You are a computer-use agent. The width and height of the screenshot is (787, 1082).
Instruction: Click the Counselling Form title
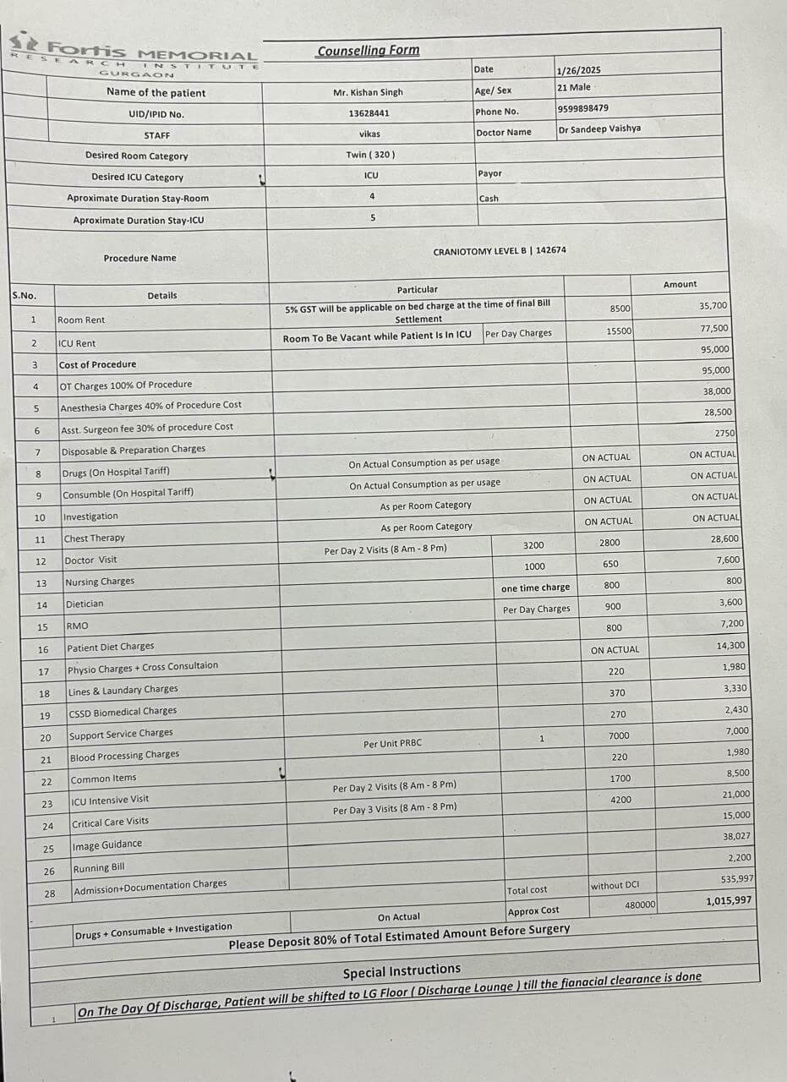[x=368, y=51]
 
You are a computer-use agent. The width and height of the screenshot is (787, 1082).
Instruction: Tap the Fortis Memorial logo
[x=135, y=57]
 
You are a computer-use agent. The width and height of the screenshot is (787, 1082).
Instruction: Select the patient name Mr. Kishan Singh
[x=368, y=92]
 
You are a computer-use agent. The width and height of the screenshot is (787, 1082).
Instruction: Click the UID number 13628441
[x=369, y=113]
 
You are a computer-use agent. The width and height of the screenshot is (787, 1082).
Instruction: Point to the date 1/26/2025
[x=579, y=70]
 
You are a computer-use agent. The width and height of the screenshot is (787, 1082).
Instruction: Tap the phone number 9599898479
[x=582, y=108]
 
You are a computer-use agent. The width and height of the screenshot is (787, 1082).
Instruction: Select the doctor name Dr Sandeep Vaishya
[x=599, y=129]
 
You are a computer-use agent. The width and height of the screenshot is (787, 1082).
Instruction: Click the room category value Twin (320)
[x=370, y=155]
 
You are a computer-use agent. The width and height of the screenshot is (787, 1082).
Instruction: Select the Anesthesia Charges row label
[x=150, y=406]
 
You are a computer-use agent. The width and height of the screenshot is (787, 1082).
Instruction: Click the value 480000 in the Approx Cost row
[x=640, y=905]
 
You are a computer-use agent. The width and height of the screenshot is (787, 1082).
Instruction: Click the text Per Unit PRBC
[x=392, y=744]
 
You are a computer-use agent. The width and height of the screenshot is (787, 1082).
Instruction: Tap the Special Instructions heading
[x=402, y=970]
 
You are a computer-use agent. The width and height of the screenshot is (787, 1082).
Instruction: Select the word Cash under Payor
[x=489, y=199]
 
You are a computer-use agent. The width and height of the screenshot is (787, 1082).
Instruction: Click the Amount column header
[x=680, y=284]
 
